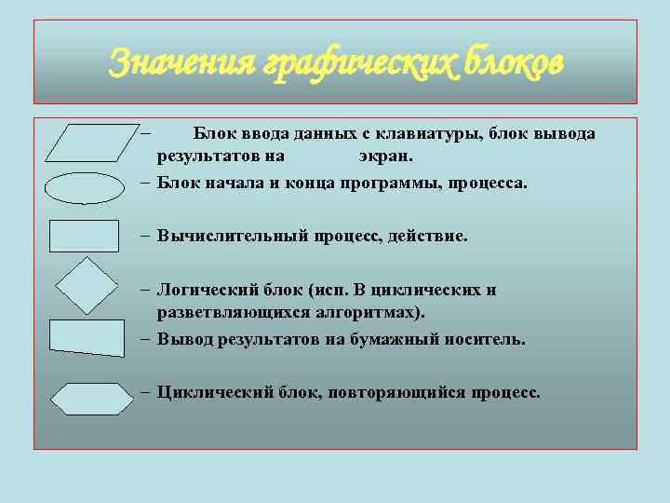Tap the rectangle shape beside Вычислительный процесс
[85, 236]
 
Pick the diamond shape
[86, 285]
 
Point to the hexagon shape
[91, 398]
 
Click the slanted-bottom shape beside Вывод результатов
[86, 338]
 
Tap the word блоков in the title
[516, 62]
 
